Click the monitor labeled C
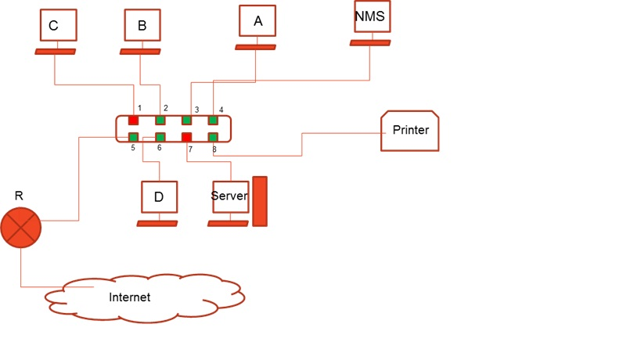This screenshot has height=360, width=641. pyautogui.click(x=59, y=25)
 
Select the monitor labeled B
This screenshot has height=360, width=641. pyautogui.click(x=142, y=25)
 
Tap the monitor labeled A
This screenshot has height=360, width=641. pyautogui.click(x=257, y=21)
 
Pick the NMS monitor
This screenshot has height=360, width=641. pyautogui.click(x=371, y=16)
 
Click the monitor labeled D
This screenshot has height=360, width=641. pyautogui.click(x=159, y=197)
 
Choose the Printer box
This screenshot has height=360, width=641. pyautogui.click(x=410, y=130)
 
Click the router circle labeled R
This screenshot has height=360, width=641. pyautogui.click(x=20, y=228)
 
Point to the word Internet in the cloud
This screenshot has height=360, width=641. pyautogui.click(x=130, y=297)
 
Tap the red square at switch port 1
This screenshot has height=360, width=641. pyautogui.click(x=133, y=120)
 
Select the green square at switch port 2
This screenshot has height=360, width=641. pyautogui.click(x=160, y=120)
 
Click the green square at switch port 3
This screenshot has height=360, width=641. pyautogui.click(x=187, y=120)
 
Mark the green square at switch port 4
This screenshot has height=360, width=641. pyautogui.click(x=212, y=120)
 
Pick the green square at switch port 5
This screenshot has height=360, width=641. pyautogui.click(x=133, y=137)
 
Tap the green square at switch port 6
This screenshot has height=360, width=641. pyautogui.click(x=160, y=137)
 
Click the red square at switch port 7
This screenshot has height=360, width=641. pyautogui.click(x=187, y=137)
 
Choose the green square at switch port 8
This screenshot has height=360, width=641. pyautogui.click(x=212, y=137)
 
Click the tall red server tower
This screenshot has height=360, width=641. pyautogui.click(x=260, y=201)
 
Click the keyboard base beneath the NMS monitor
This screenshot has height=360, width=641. pyautogui.click(x=371, y=42)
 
